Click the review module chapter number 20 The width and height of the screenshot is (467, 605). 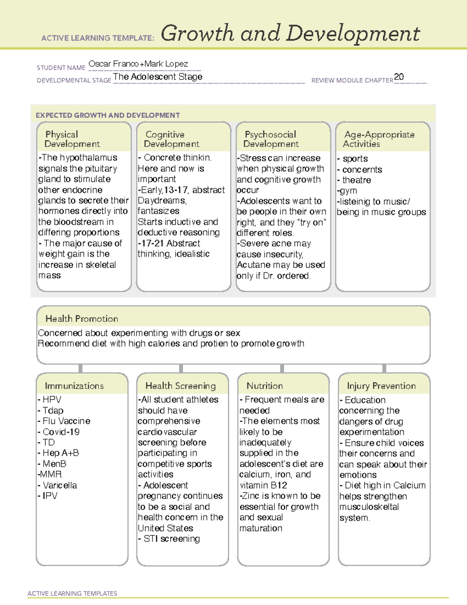tap(399, 77)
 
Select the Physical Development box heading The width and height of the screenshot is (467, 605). tap(72, 139)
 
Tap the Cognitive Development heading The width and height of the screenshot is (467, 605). tap(171, 139)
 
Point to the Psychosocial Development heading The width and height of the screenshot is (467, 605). tap(271, 139)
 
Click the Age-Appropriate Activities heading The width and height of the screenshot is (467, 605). tap(379, 139)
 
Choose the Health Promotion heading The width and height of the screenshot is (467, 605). tap(82, 319)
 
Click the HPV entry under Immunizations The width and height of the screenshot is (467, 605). tap(52, 400)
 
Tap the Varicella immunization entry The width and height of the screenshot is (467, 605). tap(60, 485)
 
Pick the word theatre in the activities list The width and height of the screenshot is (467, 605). tap(356, 180)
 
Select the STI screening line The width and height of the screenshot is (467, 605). tap(172, 539)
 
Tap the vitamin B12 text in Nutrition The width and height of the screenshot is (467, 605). tap(263, 485)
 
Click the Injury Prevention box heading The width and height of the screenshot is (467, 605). tap(381, 386)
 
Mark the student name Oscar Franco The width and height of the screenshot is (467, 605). tap(113, 64)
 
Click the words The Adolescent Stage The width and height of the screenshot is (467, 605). tap(158, 77)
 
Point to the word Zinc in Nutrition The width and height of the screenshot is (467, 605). tap(251, 496)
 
